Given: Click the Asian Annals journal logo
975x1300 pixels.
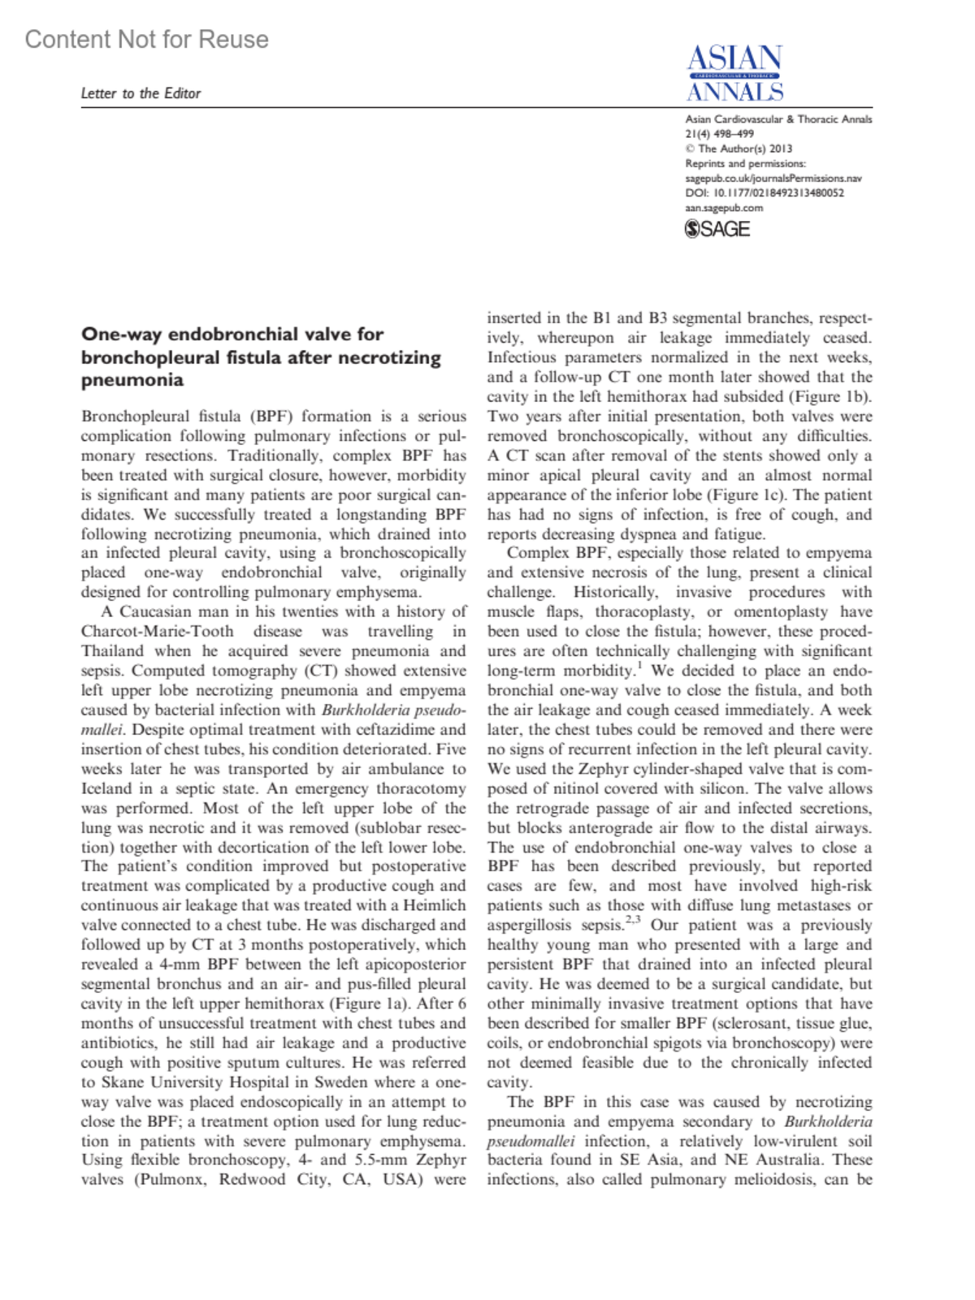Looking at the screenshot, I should point(734,73).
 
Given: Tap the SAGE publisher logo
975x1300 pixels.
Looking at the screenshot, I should point(717,230).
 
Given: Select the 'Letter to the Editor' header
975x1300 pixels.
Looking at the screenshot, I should point(141,93).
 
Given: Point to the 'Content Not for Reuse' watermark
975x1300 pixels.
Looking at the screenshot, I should point(146,39).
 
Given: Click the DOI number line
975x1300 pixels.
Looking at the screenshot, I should point(765,193).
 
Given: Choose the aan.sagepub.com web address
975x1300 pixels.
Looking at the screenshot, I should point(724,208).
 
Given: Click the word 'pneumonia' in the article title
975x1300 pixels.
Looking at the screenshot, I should point(132,380).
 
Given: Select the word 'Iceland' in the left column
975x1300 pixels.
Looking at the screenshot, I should point(106,788).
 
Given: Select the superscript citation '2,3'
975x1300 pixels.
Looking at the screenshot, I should point(633,921).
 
